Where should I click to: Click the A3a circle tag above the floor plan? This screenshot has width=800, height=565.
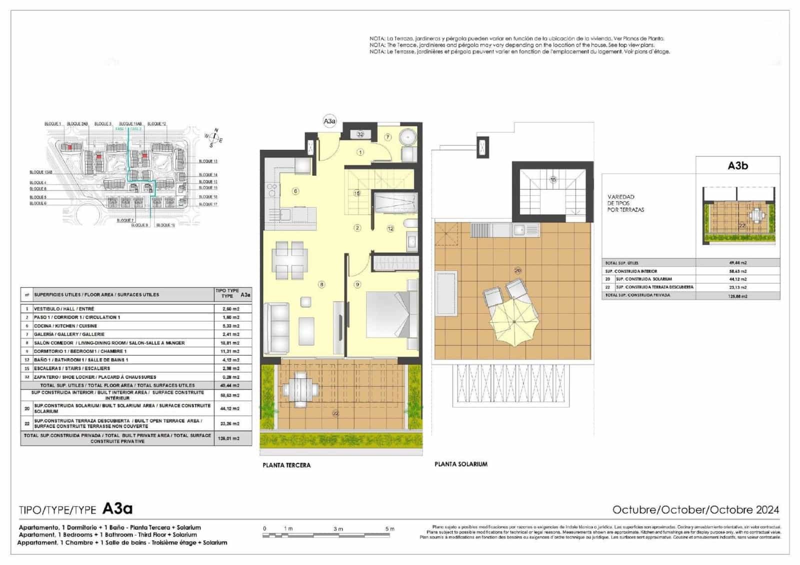[329, 121]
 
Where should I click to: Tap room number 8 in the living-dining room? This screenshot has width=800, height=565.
[321, 284]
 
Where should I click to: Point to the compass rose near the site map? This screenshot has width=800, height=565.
[215, 137]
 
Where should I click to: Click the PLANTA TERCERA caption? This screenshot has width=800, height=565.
[286, 465]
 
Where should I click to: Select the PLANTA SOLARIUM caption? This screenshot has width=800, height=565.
[460, 464]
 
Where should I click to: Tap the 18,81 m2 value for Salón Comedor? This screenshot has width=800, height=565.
[230, 343]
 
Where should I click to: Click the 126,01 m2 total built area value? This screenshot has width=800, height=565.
[230, 438]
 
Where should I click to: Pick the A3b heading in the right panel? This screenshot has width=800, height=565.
[737, 166]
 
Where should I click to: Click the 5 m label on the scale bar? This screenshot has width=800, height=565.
[389, 529]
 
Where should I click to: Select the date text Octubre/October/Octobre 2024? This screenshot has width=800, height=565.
[695, 510]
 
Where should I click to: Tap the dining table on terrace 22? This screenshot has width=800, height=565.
[300, 389]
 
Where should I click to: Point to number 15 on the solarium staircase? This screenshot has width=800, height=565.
[553, 179]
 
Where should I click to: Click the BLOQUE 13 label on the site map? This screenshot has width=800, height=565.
[208, 161]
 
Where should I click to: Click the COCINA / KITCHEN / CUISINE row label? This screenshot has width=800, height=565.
[65, 326]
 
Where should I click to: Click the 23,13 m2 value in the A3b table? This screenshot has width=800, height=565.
[737, 287]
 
